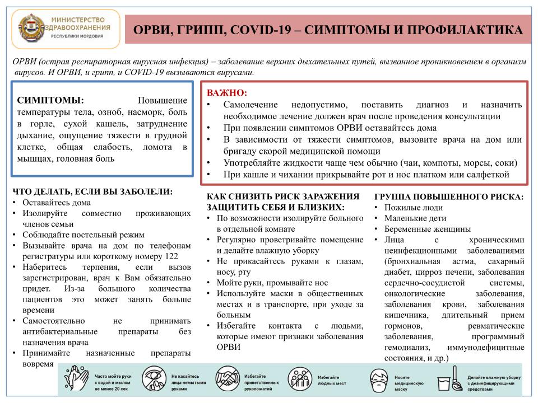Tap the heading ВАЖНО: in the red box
click(x=227, y=92)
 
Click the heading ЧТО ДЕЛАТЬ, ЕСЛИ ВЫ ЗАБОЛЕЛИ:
click(x=92, y=191)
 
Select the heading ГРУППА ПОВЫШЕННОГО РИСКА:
click(x=449, y=197)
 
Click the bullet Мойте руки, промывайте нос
click(x=272, y=283)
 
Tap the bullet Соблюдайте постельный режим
click(x=84, y=235)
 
